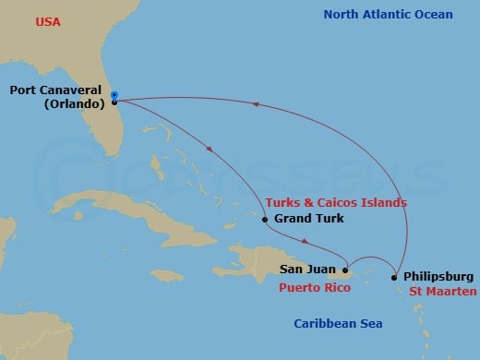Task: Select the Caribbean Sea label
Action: point(337,323)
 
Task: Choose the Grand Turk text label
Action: point(309,219)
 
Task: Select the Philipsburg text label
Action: point(438,276)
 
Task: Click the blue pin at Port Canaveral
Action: point(114,95)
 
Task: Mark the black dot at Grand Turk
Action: point(266,219)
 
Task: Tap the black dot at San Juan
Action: point(345,271)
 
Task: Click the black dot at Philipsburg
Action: point(395,277)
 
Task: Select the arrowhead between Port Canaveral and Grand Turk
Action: point(211,151)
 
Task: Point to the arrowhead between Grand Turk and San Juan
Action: point(306,245)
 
